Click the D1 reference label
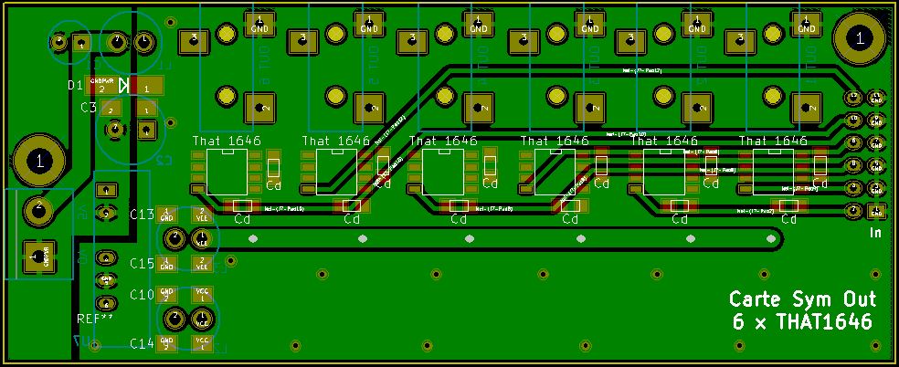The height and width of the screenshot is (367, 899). (x=75, y=86)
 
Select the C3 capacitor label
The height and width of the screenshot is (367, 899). (x=88, y=108)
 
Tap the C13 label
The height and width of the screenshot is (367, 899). (x=142, y=215)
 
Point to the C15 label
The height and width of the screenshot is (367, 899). (x=142, y=264)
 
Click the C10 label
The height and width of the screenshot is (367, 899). (x=142, y=295)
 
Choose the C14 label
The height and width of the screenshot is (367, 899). (x=142, y=343)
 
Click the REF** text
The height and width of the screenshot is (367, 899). (x=95, y=319)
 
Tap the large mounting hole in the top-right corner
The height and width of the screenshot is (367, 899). (x=858, y=38)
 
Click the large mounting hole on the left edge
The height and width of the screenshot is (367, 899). (x=39, y=161)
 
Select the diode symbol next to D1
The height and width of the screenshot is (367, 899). (x=124, y=87)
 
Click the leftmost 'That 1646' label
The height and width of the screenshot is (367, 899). (x=227, y=142)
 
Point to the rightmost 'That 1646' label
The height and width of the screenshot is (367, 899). (x=773, y=142)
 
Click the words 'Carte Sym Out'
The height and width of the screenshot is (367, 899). (x=802, y=300)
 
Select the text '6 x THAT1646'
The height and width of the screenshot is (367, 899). (x=802, y=322)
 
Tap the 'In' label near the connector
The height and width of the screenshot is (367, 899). (x=874, y=234)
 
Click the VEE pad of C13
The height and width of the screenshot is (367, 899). (x=202, y=215)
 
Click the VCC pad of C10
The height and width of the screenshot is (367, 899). (x=202, y=295)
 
